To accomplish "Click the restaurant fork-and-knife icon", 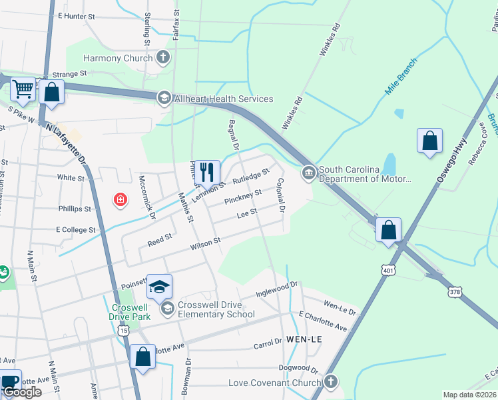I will tap(207, 173).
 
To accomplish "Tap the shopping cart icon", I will tap(23, 89).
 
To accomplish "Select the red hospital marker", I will tap(120, 200).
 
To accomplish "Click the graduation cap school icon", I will tap(160, 287).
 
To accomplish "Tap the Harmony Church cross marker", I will tap(163, 58).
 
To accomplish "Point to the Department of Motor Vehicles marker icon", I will tap(308, 173).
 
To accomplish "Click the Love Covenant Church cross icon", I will tap(331, 382).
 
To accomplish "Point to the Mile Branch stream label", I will tap(401, 76).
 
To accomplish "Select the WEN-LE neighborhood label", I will tap(304, 339).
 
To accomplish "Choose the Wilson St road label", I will tap(205, 243).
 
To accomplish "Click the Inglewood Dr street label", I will tap(276, 289).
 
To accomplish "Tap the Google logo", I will tap(22, 393).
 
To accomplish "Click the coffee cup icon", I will tap(9, 381).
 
